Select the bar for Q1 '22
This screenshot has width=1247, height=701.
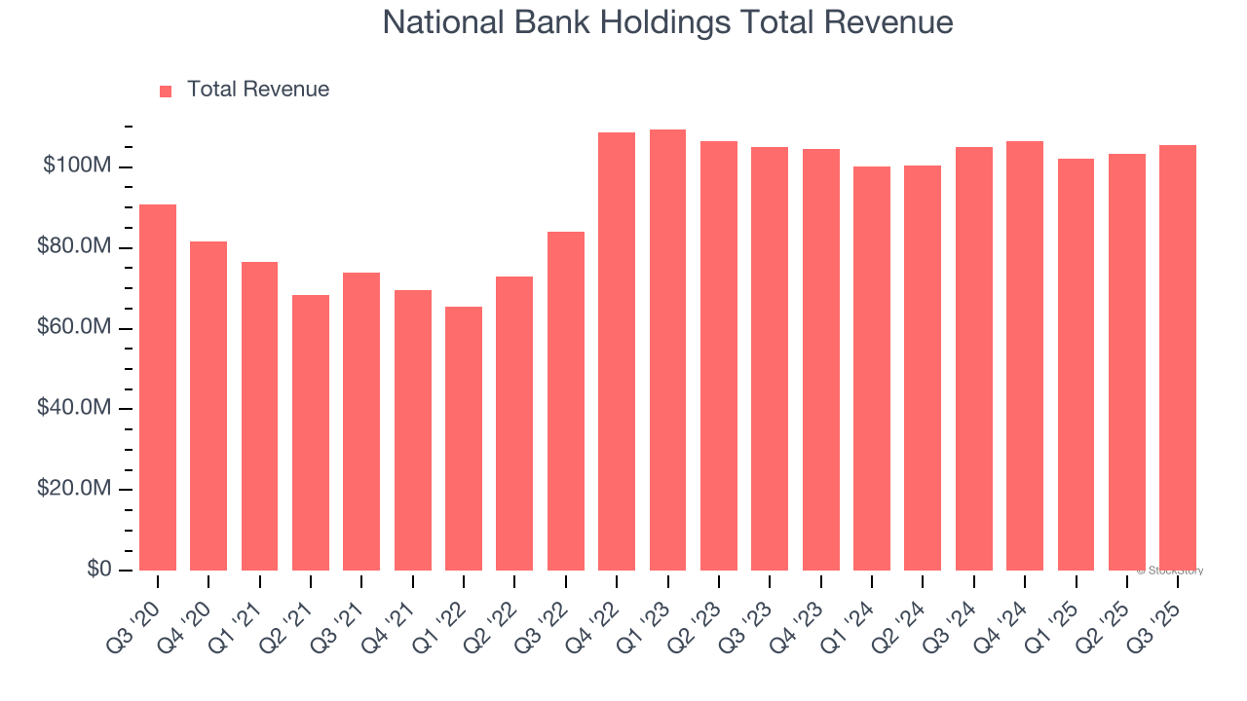point(463,438)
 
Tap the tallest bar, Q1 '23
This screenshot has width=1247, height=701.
point(667,350)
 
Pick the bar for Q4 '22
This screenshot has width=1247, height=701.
point(617,350)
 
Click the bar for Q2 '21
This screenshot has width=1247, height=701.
point(311,432)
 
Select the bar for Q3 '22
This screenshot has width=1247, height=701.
point(565,400)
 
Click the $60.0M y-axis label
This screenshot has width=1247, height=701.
point(74,328)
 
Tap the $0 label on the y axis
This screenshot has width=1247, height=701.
point(98,569)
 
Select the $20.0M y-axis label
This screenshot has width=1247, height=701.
point(74,489)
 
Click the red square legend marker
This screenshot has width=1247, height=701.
point(166,91)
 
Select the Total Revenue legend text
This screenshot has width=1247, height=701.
point(258,90)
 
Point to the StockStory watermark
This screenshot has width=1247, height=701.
point(1170,571)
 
